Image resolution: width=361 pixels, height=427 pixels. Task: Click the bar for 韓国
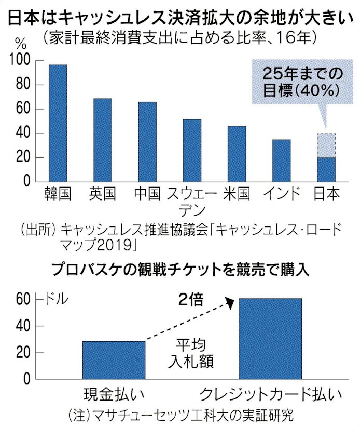coord(58,123)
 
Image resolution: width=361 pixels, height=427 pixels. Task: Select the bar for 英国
coord(102,140)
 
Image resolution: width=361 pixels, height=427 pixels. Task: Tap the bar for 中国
coord(147,142)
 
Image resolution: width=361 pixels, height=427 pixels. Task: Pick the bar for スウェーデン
coord(192,151)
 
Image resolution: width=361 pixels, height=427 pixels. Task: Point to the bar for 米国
coord(237,154)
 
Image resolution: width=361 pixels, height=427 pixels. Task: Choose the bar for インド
coord(282,161)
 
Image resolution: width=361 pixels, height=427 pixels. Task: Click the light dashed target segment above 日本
coord(326,145)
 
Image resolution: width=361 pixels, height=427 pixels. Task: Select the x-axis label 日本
coord(327,194)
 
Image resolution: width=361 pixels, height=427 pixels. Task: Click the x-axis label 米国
coord(237,194)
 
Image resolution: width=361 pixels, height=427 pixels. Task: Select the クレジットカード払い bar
coord(270,339)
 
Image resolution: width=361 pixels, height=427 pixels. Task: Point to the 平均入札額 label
coord(191,353)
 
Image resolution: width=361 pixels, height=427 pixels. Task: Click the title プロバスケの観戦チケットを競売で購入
coord(179,270)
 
